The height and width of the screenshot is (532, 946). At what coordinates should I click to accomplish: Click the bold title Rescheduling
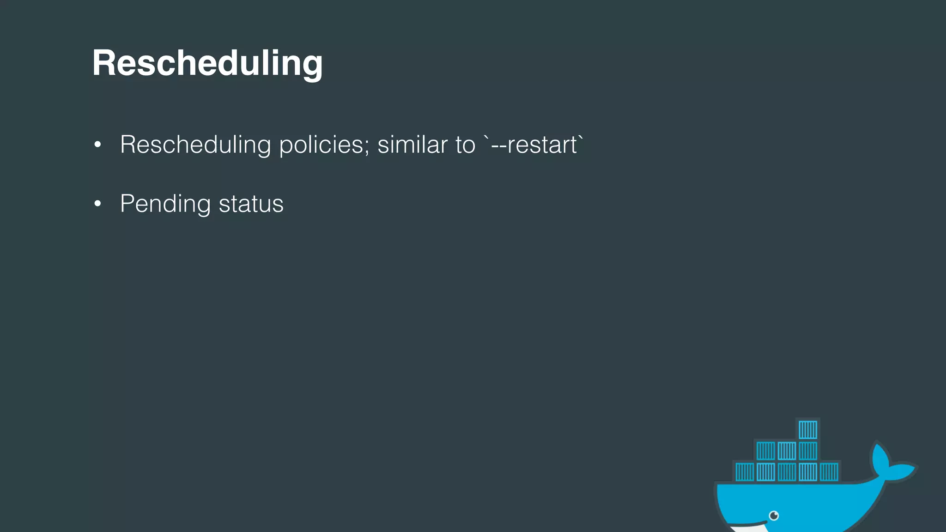[x=207, y=63]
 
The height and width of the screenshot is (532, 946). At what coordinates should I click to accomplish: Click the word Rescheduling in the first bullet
[x=195, y=145]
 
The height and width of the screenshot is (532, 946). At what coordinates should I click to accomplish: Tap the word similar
[x=412, y=145]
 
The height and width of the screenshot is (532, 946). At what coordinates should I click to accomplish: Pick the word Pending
[x=165, y=204]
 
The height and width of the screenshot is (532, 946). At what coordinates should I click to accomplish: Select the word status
[x=251, y=204]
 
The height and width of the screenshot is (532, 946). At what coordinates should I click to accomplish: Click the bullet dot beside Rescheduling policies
[x=97, y=145]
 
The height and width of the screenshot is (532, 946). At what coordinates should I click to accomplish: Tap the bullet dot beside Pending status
[x=97, y=204]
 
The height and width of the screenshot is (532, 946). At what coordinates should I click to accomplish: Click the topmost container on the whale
[x=808, y=430]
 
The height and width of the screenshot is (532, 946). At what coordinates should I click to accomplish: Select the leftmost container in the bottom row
[x=745, y=472]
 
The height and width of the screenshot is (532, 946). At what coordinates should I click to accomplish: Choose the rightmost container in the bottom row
[x=829, y=472]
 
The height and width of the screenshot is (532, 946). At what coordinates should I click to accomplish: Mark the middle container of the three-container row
[x=787, y=451]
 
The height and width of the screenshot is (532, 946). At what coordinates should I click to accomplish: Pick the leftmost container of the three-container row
[x=765, y=451]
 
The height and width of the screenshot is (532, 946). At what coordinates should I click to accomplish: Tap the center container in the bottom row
[x=787, y=472]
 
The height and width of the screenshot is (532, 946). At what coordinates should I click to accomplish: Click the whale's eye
[x=774, y=515]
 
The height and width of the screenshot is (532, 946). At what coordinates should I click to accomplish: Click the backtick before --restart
[x=486, y=138]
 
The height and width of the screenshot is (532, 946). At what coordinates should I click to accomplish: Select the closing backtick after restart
[x=581, y=138]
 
